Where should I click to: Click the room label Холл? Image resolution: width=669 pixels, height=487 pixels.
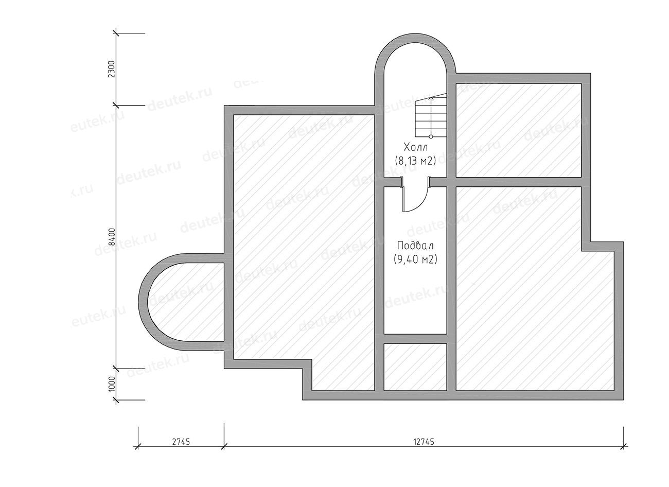415,148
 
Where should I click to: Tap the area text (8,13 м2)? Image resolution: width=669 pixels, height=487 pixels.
415,161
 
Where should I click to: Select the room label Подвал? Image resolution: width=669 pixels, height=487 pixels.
415,246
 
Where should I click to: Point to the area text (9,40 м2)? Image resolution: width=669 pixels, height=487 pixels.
415,259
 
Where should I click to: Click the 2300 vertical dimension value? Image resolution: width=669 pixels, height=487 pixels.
111,69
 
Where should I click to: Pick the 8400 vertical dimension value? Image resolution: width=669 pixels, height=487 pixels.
111,237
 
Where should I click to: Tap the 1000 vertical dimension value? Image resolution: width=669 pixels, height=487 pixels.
111,384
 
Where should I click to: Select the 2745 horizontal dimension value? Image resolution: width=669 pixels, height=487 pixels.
181,442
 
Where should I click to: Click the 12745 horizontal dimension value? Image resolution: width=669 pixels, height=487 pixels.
424,442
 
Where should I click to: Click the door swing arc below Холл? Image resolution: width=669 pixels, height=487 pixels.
422,204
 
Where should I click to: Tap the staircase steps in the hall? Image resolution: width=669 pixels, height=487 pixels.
431,115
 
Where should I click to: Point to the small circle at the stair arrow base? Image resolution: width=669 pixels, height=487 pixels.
431,136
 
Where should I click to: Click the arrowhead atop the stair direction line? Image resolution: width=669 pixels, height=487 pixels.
431,97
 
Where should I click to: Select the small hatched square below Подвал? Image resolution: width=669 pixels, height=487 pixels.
415,367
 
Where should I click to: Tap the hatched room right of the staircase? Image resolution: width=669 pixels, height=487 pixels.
519,130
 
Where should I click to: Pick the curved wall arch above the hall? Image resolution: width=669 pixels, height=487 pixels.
415,38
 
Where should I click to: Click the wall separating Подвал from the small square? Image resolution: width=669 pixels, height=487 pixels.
415,339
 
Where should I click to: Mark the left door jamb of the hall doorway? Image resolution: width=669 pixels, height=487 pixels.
402,182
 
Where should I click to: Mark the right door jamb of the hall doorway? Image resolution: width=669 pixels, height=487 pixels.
429,182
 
